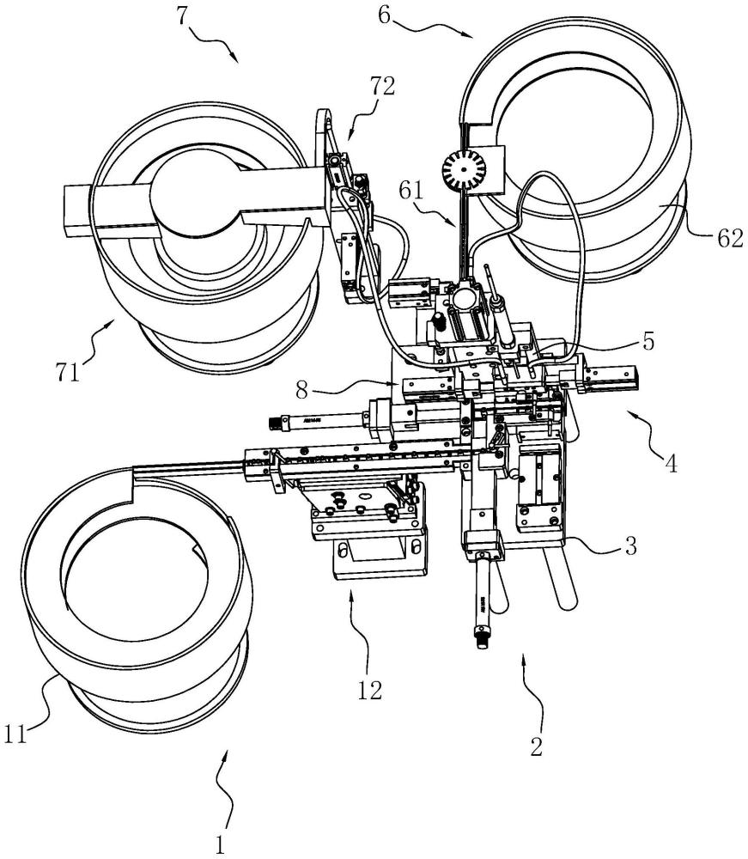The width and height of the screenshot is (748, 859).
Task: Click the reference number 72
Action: [382, 87]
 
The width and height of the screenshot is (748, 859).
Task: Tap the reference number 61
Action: [411, 191]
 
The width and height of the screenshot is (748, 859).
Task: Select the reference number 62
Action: [730, 239]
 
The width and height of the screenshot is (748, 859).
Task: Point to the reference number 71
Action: [67, 372]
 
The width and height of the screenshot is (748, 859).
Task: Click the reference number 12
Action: [369, 691]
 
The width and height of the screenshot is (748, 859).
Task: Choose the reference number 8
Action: [301, 391]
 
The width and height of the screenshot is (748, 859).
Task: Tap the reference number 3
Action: [631, 545]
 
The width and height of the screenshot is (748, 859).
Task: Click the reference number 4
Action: [672, 464]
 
